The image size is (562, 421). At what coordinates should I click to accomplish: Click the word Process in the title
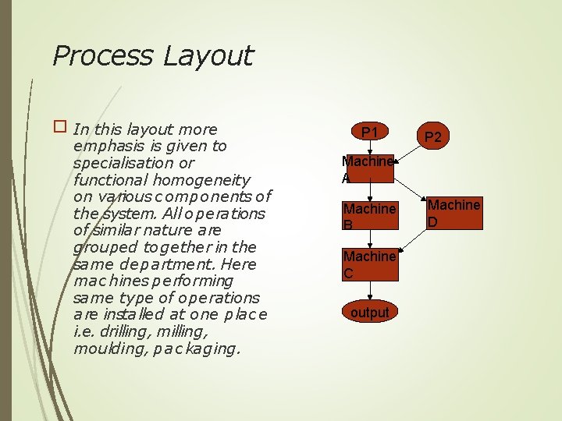pos(102,56)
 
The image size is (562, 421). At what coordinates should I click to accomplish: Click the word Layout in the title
pos(208,56)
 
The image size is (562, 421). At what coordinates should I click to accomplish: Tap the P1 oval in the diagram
pos(369,133)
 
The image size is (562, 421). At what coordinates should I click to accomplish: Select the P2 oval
pos(433,137)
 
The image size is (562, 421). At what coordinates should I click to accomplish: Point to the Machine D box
pos(454,212)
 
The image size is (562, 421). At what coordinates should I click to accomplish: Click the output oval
pos(369,313)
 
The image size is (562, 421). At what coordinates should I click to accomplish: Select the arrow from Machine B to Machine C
pos(370,239)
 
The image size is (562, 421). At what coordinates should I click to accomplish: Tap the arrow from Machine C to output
pos(370,289)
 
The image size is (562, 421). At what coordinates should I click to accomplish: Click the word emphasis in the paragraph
pos(105,146)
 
